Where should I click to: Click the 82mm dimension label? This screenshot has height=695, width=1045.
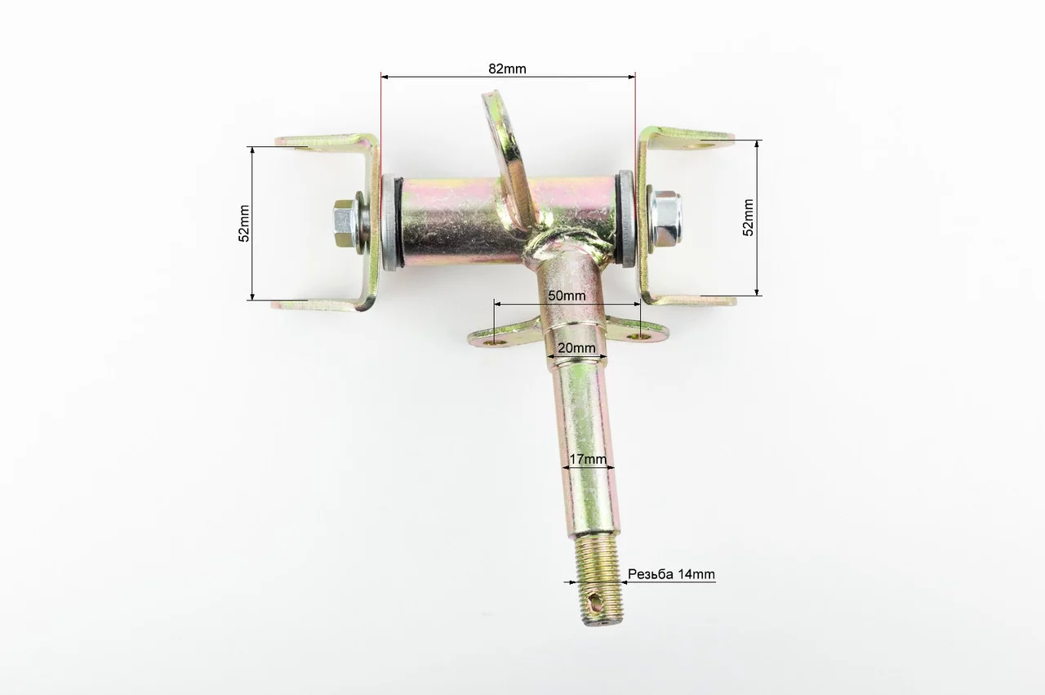(507, 69)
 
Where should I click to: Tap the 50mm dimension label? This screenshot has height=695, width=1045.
(567, 296)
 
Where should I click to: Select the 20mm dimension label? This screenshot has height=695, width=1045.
(576, 348)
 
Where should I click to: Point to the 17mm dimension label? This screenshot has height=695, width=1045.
(588, 459)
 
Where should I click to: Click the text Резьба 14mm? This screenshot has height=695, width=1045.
(671, 574)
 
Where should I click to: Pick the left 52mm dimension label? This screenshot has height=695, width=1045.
(244, 224)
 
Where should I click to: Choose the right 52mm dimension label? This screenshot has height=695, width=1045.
(748, 217)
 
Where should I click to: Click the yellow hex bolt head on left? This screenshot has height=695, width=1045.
(344, 224)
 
